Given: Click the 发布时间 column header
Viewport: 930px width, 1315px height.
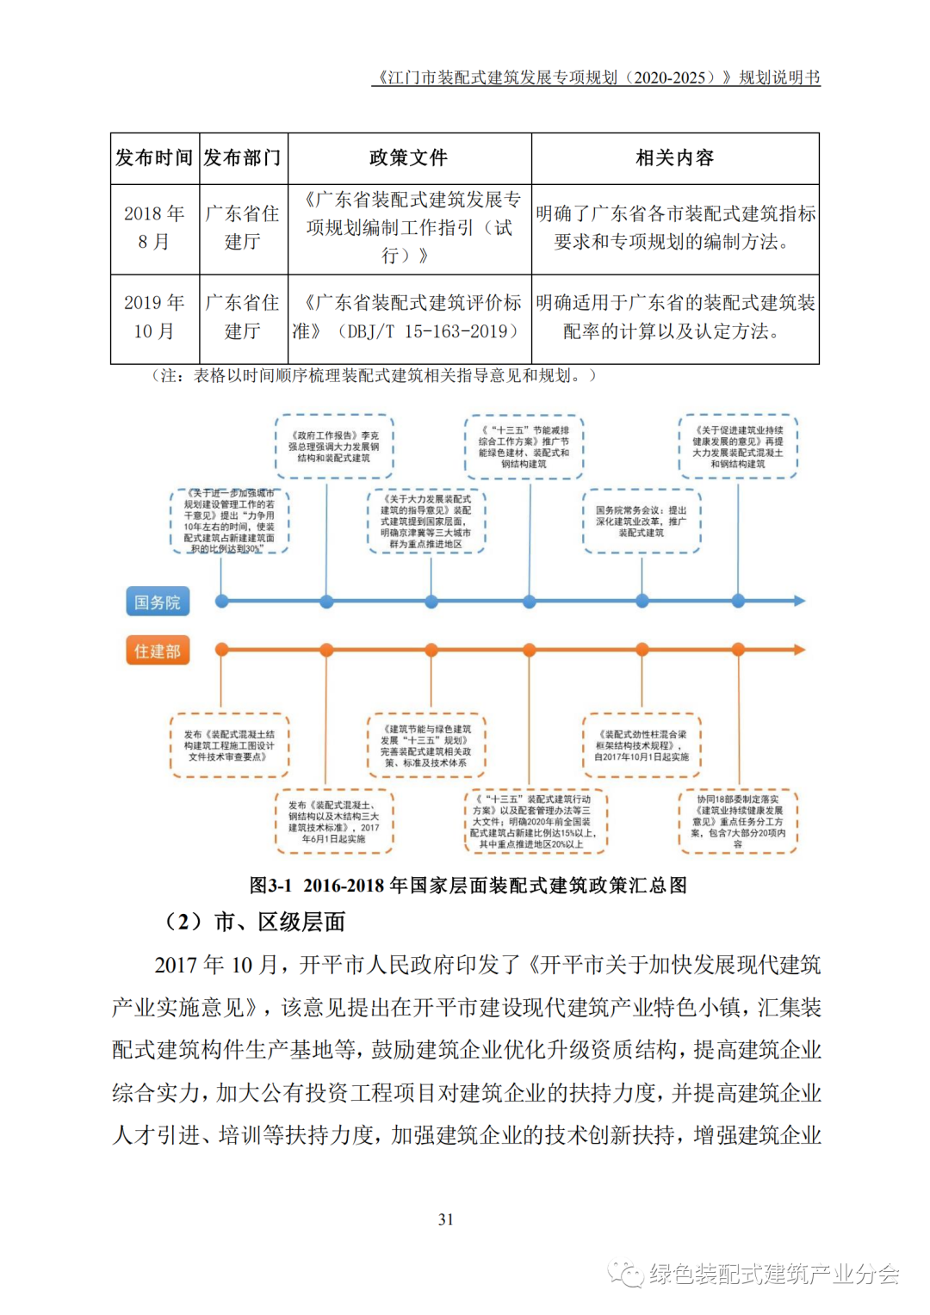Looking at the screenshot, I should (155, 158).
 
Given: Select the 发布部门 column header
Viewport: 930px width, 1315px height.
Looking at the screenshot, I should (243, 158).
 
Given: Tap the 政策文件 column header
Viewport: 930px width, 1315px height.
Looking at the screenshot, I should (409, 158).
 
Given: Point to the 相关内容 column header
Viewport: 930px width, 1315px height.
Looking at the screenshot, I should (675, 158).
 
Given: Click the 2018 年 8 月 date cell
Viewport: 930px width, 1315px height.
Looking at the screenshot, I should (155, 228).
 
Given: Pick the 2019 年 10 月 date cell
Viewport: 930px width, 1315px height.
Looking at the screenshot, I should (155, 318).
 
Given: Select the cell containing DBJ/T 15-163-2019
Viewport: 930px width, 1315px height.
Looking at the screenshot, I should (409, 318).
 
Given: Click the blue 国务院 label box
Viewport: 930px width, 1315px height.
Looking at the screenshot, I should (158, 602).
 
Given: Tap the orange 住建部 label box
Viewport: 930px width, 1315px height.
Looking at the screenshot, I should (158, 651).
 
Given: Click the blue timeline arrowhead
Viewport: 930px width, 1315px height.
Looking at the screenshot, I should (799, 601).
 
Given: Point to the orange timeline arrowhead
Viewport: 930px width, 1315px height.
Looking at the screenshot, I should (799, 650).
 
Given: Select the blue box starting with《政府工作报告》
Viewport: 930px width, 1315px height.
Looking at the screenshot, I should (334, 447).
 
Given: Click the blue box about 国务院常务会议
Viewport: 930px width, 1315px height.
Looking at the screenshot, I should (642, 522).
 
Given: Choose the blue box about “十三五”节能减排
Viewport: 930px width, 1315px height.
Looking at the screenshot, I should (524, 447).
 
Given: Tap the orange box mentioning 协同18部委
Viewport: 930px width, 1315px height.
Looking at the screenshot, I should (738, 822).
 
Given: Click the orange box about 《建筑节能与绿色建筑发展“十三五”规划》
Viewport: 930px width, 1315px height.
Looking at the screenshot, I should (426, 745).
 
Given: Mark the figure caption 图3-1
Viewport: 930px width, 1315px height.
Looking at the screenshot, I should (468, 886).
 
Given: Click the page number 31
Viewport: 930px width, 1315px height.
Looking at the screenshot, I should (446, 1219).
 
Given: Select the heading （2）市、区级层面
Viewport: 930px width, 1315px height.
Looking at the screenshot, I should (256, 923).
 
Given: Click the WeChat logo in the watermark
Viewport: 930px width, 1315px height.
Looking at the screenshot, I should (626, 1273).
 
